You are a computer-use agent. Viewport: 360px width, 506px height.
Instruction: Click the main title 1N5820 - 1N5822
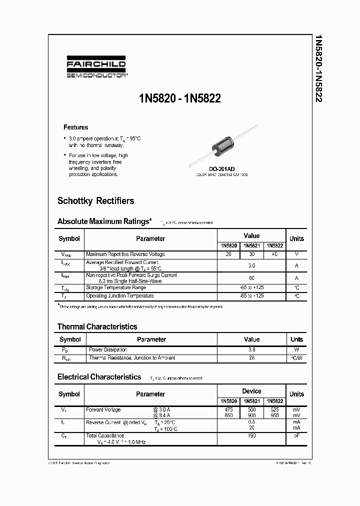coord(180,99)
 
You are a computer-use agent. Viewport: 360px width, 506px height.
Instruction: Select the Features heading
coord(75,127)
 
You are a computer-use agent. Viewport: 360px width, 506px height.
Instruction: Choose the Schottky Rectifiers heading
coord(96,201)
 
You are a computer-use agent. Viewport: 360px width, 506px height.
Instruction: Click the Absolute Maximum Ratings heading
coord(104,221)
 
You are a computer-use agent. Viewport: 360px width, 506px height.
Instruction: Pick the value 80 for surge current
coord(251,278)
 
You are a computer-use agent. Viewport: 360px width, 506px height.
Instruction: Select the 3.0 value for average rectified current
coord(251,265)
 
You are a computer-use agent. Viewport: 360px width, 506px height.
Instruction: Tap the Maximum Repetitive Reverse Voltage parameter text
coord(125,254)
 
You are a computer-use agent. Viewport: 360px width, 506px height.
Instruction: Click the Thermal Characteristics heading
coord(97,326)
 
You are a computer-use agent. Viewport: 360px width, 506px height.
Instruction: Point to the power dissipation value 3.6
coord(251,350)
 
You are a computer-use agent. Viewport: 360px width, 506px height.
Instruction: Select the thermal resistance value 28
coord(251,358)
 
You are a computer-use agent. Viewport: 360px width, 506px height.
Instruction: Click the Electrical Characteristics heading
coord(99,377)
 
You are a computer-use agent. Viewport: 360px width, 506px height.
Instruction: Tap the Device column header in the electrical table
coord(251,391)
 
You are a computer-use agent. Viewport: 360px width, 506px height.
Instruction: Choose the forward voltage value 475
coord(229,409)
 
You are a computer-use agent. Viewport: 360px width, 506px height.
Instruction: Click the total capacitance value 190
coord(251,436)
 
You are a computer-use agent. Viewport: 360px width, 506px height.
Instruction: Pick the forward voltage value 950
coord(274,415)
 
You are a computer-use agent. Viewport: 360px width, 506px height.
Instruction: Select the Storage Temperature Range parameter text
coord(116,287)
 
